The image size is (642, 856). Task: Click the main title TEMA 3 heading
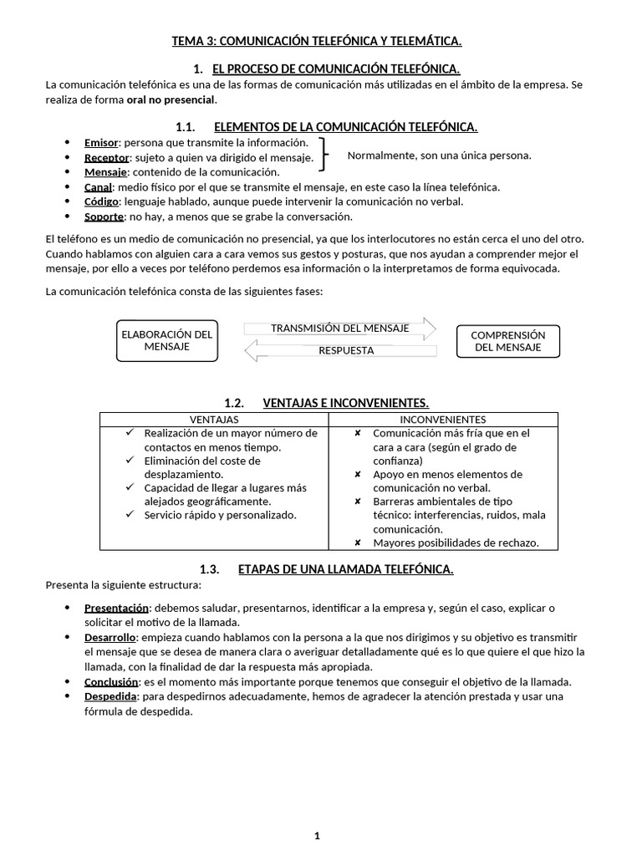317,41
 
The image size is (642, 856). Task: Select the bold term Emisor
101,143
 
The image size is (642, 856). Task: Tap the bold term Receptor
106,157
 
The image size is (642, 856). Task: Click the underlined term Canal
98,187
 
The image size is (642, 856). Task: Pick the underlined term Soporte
104,217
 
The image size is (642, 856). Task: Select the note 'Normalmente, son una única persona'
439,155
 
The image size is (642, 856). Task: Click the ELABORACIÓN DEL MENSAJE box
167,340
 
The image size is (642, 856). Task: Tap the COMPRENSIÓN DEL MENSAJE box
507,341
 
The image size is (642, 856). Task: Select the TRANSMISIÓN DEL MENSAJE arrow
340,329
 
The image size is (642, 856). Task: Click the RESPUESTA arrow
340,351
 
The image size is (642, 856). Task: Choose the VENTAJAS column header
214,419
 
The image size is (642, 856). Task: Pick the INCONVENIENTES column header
443,419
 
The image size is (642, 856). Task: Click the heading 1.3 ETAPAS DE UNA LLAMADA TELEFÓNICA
327,569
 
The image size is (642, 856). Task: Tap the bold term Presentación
116,608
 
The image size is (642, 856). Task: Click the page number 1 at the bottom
318,835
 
